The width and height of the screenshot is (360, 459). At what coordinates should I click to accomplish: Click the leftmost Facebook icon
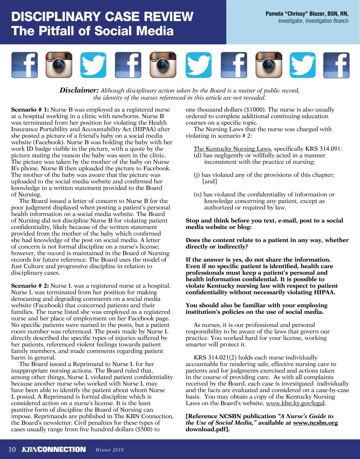click(25, 65)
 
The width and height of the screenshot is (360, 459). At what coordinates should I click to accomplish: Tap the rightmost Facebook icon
click(336, 65)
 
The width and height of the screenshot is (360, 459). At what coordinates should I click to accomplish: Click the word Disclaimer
click(79, 90)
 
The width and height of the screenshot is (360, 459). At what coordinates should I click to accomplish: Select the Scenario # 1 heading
click(30, 110)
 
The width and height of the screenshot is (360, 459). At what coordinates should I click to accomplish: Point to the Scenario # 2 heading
click(30, 286)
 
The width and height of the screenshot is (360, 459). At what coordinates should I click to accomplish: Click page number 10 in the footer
click(12, 449)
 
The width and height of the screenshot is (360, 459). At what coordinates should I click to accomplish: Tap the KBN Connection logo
click(54, 449)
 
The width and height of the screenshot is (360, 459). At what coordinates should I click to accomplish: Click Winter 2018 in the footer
click(109, 450)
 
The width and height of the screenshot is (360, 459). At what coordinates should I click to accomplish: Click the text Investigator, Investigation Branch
click(313, 21)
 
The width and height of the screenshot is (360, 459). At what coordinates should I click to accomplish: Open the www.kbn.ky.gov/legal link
click(295, 403)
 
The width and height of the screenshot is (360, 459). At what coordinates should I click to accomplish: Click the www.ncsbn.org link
click(315, 423)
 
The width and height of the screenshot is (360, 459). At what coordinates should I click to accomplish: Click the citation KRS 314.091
click(323, 149)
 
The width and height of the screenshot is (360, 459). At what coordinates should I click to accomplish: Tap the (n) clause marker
click(198, 194)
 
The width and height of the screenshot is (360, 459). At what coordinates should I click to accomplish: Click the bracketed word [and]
click(209, 181)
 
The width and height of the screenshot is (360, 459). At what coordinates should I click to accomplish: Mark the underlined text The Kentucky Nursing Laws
click(232, 149)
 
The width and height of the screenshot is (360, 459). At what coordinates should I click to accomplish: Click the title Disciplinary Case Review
click(102, 16)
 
